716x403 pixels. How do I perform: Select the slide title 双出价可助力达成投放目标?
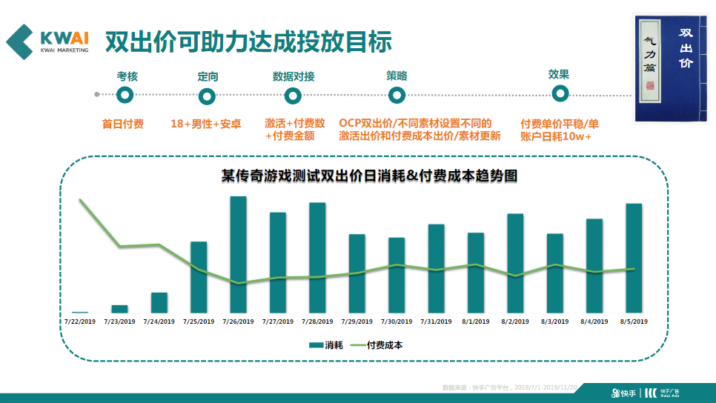(x=248, y=41)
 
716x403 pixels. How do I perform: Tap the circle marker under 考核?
(x=126, y=95)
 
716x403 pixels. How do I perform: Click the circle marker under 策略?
(x=397, y=95)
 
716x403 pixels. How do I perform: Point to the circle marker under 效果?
(x=560, y=93)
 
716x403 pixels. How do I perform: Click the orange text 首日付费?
(x=123, y=124)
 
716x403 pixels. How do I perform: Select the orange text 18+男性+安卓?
(x=206, y=124)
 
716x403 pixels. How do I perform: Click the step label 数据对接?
(x=293, y=76)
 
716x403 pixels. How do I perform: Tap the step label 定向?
(x=208, y=76)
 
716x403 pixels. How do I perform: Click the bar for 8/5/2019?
(x=634, y=258)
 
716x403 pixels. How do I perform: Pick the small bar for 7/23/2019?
(x=119, y=308)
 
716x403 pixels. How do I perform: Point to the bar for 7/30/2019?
(x=397, y=275)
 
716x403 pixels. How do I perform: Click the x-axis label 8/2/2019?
(x=514, y=322)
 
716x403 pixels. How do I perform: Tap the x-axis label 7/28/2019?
(x=317, y=322)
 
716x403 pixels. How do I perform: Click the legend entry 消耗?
(x=326, y=345)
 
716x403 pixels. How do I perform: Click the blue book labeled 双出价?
(x=670, y=68)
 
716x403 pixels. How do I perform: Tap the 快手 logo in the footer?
(x=623, y=392)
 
